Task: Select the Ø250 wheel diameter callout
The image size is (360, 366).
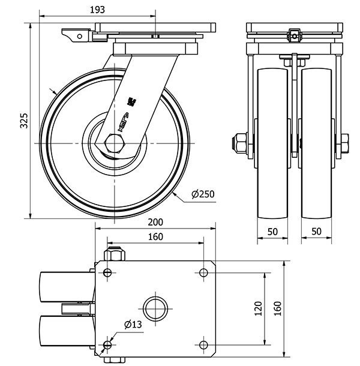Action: click(x=203, y=194)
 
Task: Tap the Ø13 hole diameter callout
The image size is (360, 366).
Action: click(x=133, y=325)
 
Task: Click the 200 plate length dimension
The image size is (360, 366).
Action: click(x=155, y=222)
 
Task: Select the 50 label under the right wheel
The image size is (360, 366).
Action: click(x=316, y=231)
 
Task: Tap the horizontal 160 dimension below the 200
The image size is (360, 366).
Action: click(x=155, y=237)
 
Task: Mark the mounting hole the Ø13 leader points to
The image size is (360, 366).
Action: click(x=107, y=344)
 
